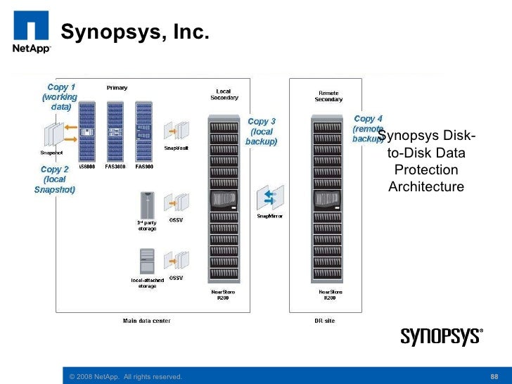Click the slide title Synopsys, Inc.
134,32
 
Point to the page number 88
494,378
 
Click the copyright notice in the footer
125,378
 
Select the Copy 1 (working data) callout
60,97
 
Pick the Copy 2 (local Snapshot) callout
55,179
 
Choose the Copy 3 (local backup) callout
262,132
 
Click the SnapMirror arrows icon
271,198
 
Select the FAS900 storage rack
144,132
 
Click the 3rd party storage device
147,205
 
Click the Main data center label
146,321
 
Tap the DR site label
324,321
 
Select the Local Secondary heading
224,94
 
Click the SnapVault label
175,148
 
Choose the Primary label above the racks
117,88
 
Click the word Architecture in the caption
426,186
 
